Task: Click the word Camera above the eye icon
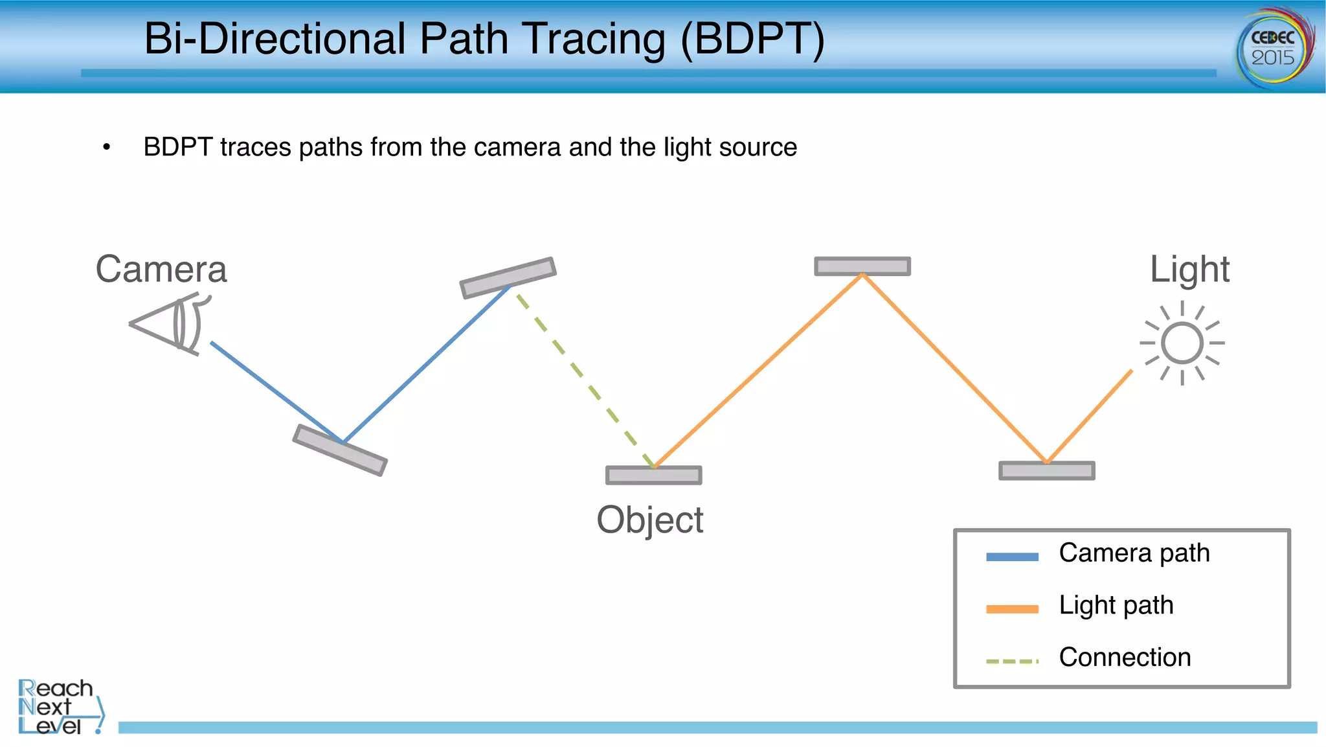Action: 161,270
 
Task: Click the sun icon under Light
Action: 1182,343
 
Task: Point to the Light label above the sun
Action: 1189,270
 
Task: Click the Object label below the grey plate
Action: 649,520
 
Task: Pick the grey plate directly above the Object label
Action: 653,476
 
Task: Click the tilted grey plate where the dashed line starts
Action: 508,277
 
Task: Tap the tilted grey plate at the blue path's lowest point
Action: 340,450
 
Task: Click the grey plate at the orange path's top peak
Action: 862,266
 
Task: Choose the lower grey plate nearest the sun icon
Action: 1046,470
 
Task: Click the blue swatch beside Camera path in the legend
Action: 1012,557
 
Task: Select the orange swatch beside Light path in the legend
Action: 1012,609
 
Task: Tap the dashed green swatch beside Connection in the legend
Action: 1012,661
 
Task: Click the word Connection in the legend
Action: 1125,658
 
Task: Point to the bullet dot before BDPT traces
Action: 107,148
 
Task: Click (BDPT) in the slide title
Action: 752,39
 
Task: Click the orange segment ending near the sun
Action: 1089,416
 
